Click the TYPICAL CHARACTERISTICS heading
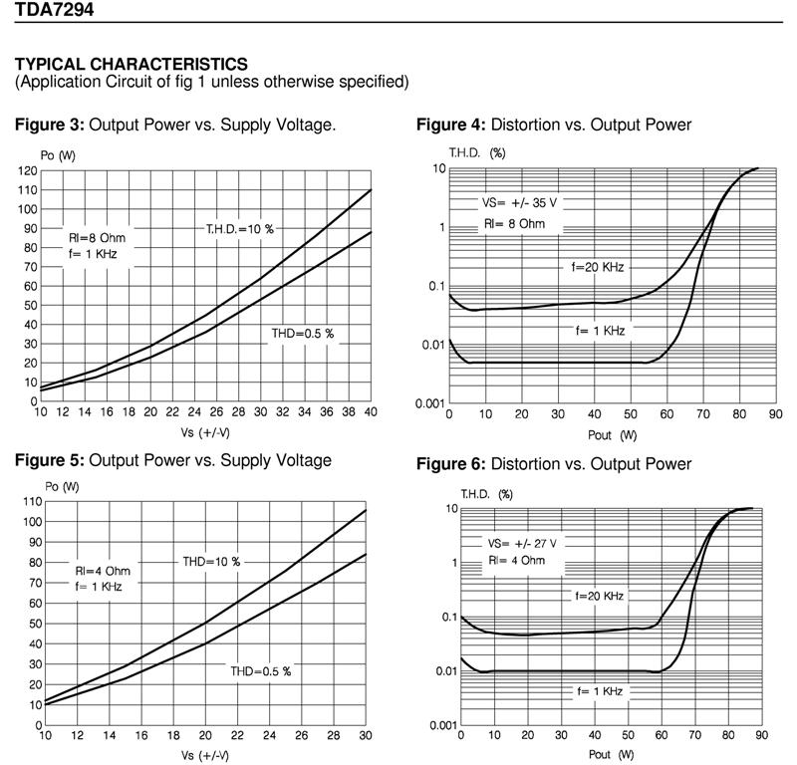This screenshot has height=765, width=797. coord(132,65)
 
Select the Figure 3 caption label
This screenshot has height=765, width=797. coord(50,126)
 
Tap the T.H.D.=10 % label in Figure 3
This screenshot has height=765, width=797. coord(239,229)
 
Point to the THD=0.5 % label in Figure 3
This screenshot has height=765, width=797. coord(305,333)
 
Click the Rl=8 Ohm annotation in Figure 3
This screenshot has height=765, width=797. coord(98,238)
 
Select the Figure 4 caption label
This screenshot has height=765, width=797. coord(450,126)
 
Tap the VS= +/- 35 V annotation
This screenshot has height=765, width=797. coord(520,202)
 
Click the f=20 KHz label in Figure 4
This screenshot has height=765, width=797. coord(597,267)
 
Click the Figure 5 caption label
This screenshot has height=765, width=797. coord(50,461)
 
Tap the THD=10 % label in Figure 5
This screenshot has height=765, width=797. coord(211,562)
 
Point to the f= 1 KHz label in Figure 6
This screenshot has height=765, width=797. coord(599,690)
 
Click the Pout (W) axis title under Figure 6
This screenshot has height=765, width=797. coord(612,754)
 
